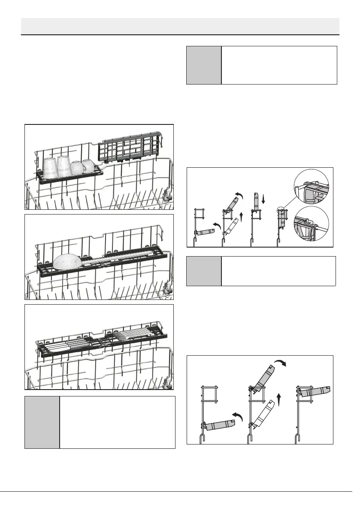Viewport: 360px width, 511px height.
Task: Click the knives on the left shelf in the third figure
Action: (69, 344)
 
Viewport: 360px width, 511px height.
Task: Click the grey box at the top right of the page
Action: (204, 65)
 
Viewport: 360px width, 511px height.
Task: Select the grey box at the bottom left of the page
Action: (42, 422)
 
